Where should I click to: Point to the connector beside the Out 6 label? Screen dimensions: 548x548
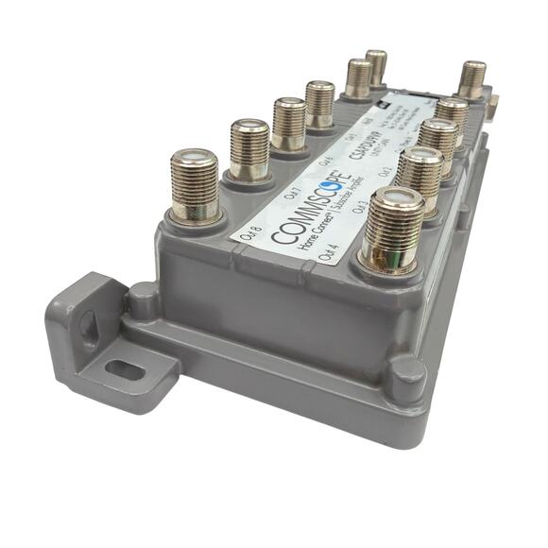tap(289, 123)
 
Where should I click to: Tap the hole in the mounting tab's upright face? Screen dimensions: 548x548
tap(87, 327)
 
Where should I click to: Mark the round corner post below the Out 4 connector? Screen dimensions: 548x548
tap(408, 375)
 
